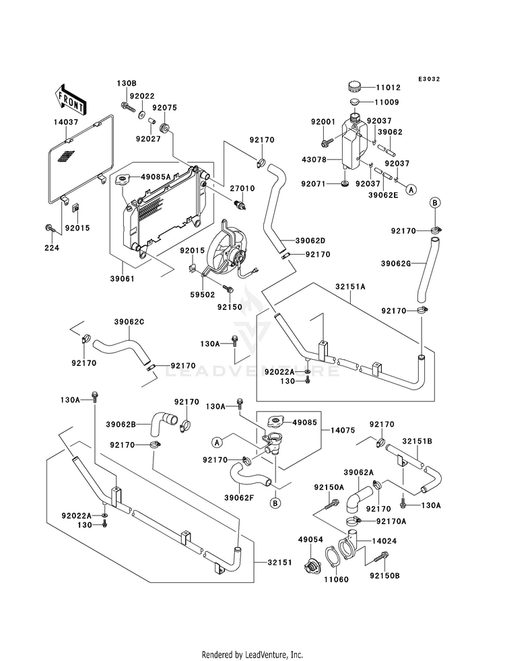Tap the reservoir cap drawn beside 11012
(356, 87)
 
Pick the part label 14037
(66, 123)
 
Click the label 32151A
(353, 285)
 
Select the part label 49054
(310, 540)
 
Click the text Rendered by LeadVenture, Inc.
(252, 654)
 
